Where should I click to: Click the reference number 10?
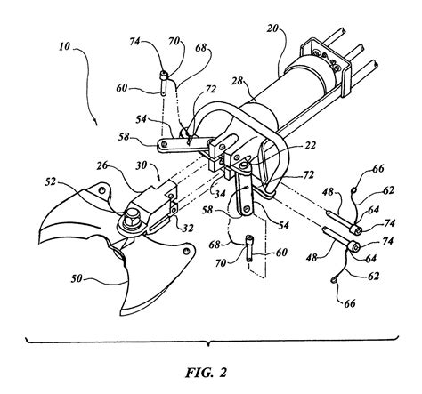pyautogui.click(x=65, y=46)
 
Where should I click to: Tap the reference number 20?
pyautogui.click(x=272, y=28)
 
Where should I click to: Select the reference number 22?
pyautogui.click(x=310, y=146)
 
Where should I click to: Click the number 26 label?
pyautogui.click(x=102, y=165)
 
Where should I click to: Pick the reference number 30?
pyautogui.click(x=142, y=165)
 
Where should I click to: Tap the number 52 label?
pyautogui.click(x=51, y=181)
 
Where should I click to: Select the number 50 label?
pyautogui.click(x=77, y=279)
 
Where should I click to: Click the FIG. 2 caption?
pyautogui.click(x=207, y=373)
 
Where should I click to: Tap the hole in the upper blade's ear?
pyautogui.click(x=101, y=190)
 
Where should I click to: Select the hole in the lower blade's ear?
pyautogui.click(x=186, y=251)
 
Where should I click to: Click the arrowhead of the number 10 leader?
pyautogui.click(x=95, y=123)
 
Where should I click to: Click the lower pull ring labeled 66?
pyautogui.click(x=334, y=279)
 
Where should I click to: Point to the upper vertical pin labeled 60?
pyautogui.click(x=164, y=84)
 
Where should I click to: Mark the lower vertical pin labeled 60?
pyautogui.click(x=250, y=248)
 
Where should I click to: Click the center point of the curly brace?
pyautogui.click(x=210, y=344)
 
